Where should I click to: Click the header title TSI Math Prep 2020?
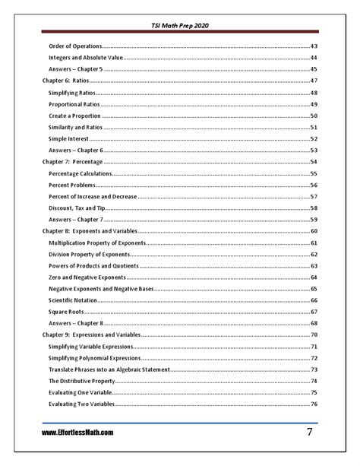pos(180,25)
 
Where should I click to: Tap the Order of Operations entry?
pos(74,46)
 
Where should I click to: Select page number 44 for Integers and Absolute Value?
pos(313,58)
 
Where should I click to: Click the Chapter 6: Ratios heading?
pos(65,81)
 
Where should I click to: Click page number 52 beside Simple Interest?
pos(313,138)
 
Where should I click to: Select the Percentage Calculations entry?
pos(80,173)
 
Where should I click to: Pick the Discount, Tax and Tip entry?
pos(77,208)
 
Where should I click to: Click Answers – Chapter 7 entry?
pos(75,220)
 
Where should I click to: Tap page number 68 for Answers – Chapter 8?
pos(313,323)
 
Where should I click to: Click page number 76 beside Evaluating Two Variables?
pos(313,404)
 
